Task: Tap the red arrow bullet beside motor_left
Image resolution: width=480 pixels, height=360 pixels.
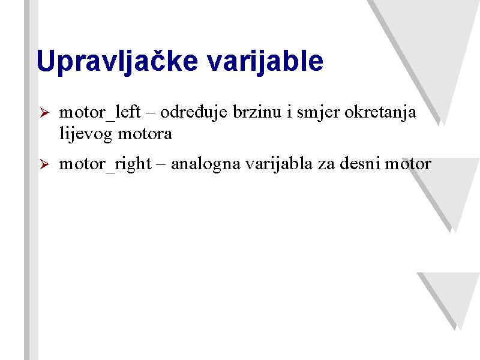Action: coord(44,113)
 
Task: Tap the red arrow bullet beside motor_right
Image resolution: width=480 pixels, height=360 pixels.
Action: coord(44,164)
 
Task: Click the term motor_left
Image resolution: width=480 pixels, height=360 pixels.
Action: coord(100,112)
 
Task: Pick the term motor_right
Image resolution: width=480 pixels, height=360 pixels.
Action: coord(105,164)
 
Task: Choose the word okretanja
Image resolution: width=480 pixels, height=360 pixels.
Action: coord(380,113)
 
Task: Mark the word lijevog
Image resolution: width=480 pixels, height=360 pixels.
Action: coord(86,134)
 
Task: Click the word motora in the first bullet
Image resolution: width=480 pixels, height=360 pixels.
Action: coord(145,134)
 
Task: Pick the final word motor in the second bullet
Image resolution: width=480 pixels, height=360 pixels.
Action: coord(408,164)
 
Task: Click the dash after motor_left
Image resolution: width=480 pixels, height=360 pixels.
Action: coord(151,114)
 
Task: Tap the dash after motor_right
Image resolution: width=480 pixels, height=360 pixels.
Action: coord(161,166)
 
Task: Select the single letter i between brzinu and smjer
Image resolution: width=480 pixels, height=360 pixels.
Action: coord(289,112)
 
